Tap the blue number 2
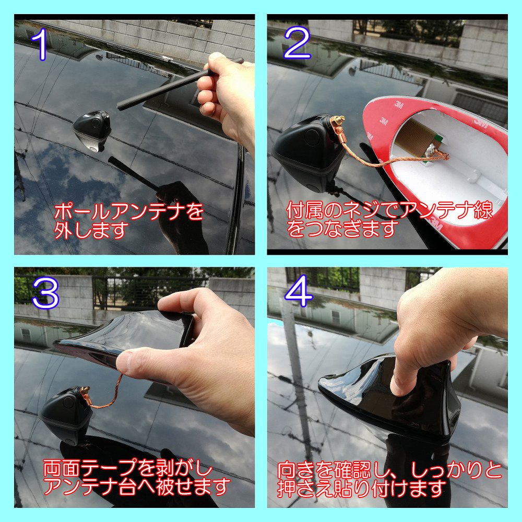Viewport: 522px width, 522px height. coord(298,44)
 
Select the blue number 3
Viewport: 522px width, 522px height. coord(46,293)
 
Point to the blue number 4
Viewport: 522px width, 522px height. coord(299,293)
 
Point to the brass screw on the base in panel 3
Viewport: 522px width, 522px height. coord(85,389)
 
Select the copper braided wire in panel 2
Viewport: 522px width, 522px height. coord(389,159)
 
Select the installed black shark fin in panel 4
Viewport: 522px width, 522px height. coord(389,399)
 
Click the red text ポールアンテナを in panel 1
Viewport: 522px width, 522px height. coord(128,212)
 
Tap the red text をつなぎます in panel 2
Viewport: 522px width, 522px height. coord(343,229)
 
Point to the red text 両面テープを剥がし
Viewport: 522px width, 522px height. coord(128,468)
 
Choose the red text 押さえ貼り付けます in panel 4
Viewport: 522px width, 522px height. coord(362,489)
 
